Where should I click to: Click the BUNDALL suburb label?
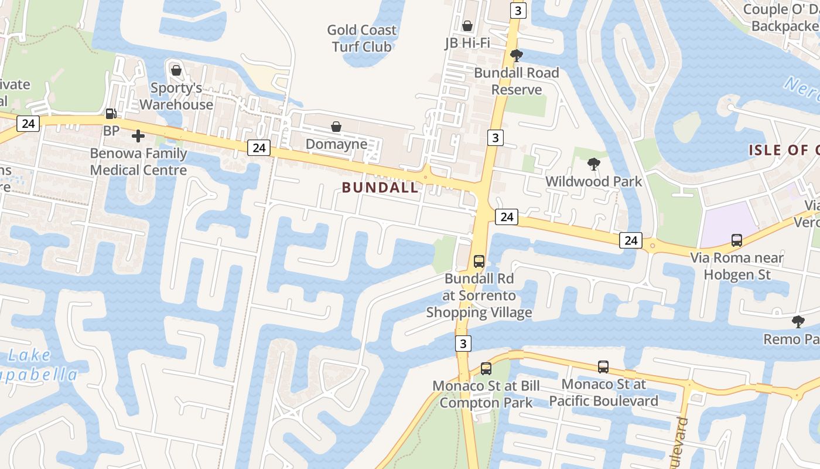(380, 188)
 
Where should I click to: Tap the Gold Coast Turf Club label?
(361, 38)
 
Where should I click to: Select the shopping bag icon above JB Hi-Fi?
(467, 26)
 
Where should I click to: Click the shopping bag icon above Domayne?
(336, 127)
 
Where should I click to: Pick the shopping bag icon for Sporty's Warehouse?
(176, 70)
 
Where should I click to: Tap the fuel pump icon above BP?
(111, 114)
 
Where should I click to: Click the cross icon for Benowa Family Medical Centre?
(138, 137)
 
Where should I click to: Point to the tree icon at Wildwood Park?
(594, 164)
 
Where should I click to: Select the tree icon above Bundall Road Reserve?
(516, 56)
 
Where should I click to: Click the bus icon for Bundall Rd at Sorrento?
(479, 261)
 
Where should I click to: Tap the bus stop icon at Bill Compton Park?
(486, 369)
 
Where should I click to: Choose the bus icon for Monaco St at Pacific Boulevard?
(603, 367)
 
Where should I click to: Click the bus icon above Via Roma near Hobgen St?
(737, 240)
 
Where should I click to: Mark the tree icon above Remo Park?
(798, 321)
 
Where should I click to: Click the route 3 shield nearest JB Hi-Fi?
(518, 11)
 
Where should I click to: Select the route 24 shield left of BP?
(28, 123)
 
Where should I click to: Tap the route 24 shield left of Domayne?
(258, 148)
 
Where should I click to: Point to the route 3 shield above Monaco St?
(463, 343)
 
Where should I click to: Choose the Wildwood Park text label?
(593, 182)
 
